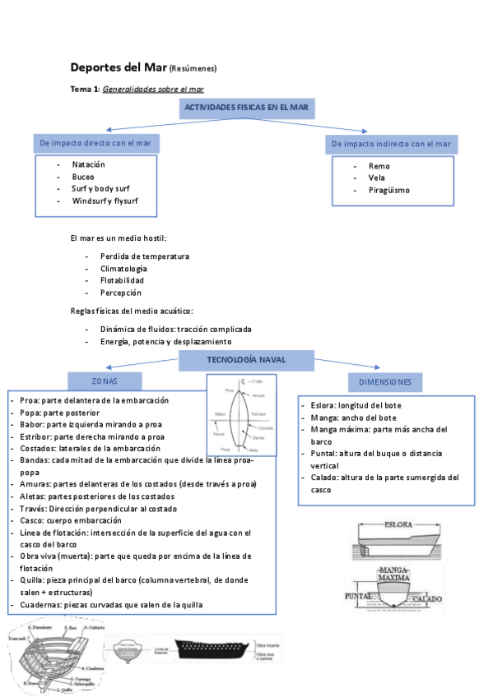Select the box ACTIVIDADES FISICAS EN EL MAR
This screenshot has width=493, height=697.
246,108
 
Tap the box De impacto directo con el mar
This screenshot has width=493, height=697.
96,144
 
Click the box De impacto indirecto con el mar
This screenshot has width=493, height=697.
391,144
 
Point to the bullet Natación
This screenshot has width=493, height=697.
88,164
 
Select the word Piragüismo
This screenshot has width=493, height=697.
388,190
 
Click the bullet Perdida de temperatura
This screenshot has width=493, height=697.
144,256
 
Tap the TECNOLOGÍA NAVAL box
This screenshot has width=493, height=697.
246,359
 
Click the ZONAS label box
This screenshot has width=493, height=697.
105,381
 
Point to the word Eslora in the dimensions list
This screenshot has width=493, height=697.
323,405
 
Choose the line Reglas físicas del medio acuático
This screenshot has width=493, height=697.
132,311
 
